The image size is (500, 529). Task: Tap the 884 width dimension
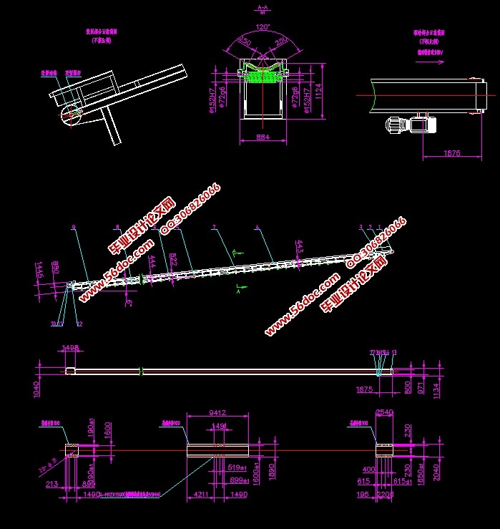click(263, 137)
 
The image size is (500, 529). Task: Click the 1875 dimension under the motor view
click(452, 153)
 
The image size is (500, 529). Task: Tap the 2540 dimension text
click(384, 412)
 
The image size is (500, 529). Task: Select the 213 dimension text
click(52, 485)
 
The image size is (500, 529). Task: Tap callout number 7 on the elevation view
click(214, 227)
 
